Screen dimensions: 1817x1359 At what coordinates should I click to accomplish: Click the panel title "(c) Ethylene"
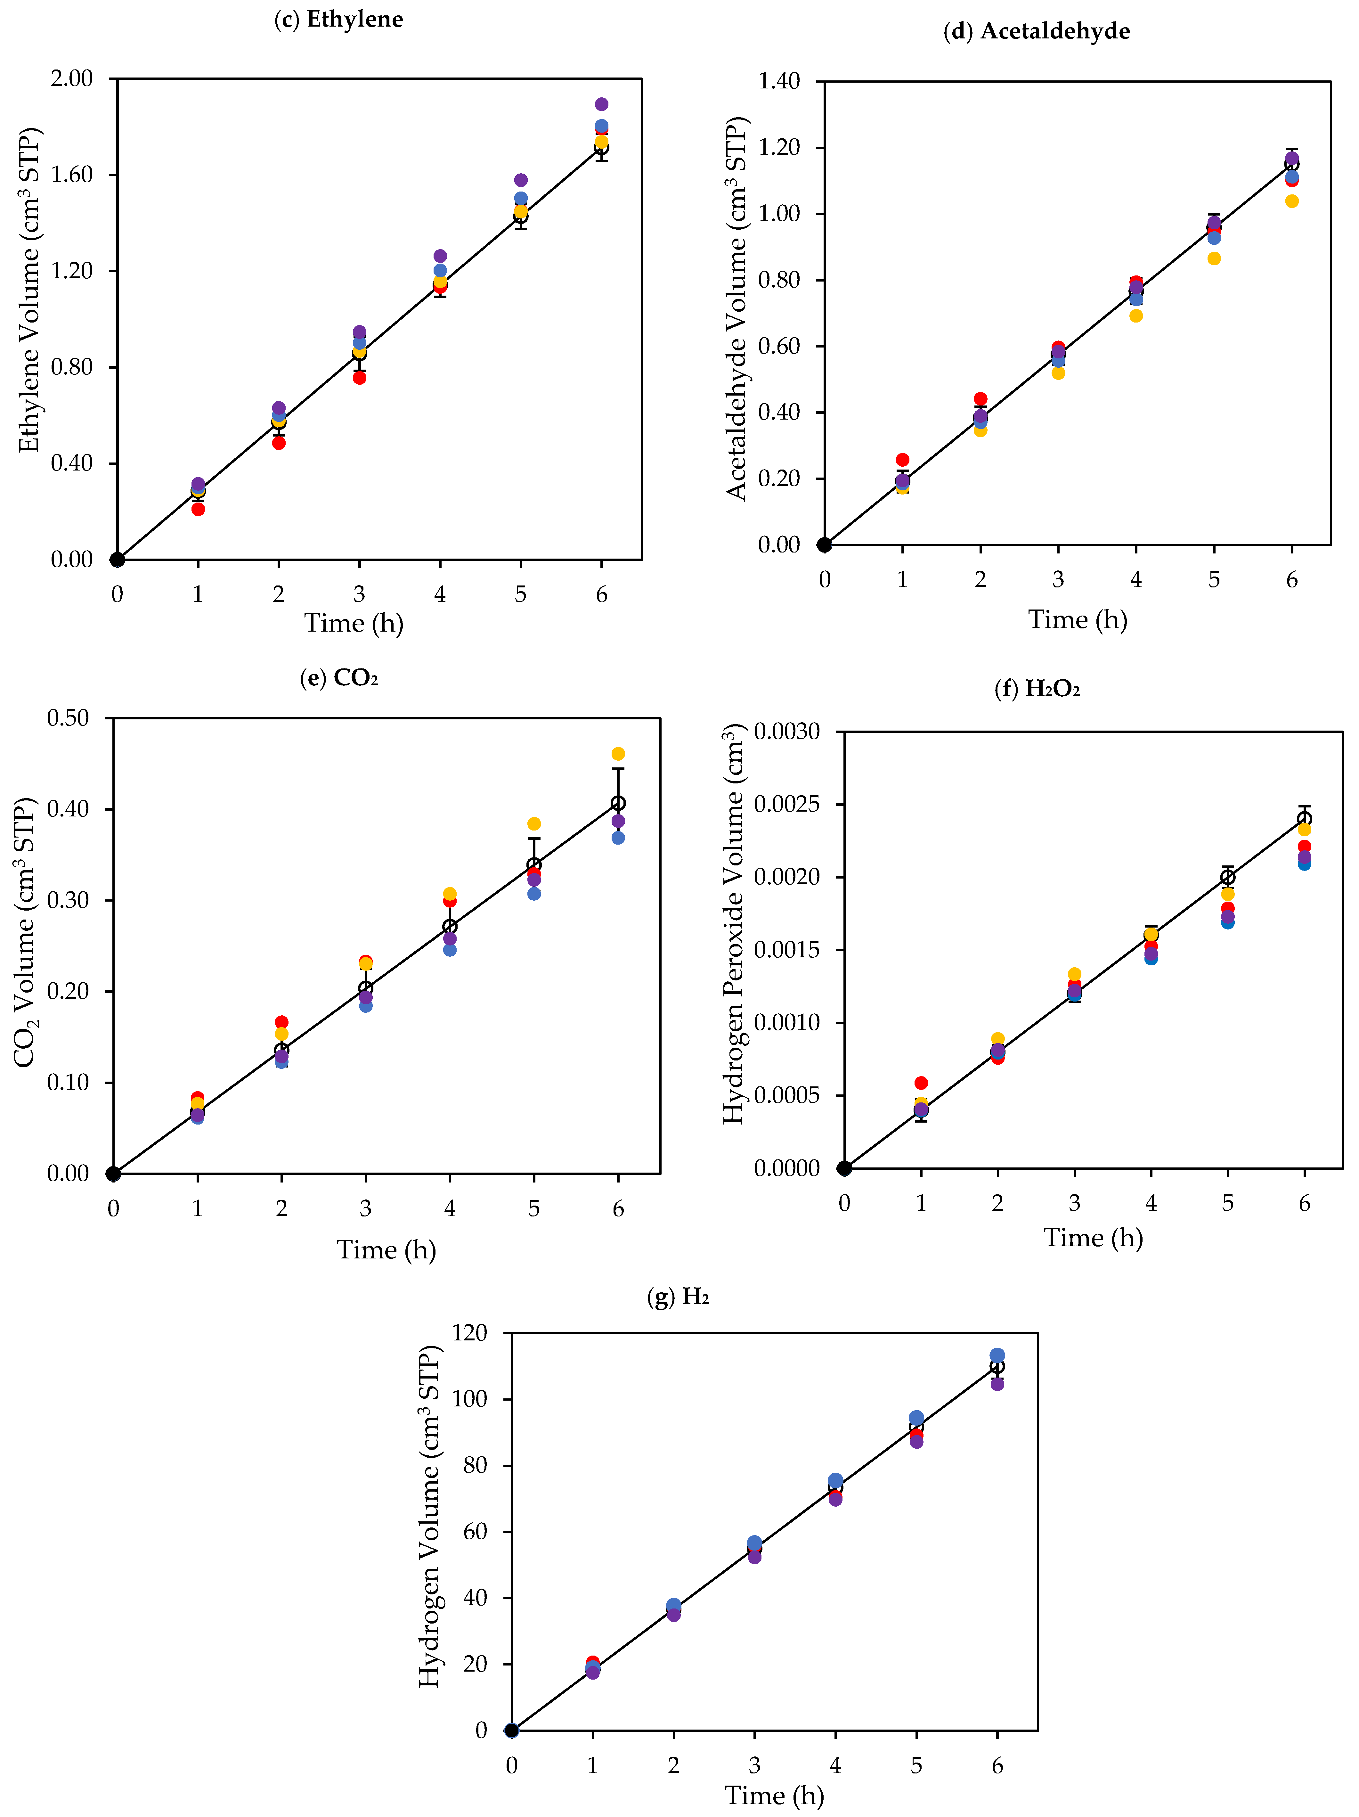[x=338, y=20]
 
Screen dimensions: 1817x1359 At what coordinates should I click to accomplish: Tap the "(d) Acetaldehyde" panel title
[x=1036, y=31]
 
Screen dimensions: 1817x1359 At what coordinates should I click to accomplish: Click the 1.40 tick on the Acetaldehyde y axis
[x=778, y=81]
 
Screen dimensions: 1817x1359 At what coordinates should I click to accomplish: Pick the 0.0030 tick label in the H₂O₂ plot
[x=787, y=731]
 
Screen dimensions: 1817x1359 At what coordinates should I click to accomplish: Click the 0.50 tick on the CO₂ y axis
[x=68, y=718]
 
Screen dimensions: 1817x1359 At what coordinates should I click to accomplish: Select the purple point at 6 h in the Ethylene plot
[x=601, y=104]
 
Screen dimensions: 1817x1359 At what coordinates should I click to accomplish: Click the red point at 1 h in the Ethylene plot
[x=198, y=509]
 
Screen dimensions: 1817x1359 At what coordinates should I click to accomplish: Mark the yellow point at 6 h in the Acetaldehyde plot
[x=1292, y=201]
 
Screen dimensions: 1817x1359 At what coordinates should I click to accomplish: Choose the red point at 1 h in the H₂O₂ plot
[x=921, y=1083]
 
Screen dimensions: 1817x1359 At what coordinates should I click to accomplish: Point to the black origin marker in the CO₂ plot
[x=113, y=1174]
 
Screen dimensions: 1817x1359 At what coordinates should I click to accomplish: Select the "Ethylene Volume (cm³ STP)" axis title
[x=29, y=289]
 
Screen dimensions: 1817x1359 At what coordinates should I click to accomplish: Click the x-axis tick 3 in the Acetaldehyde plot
[x=1058, y=580]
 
